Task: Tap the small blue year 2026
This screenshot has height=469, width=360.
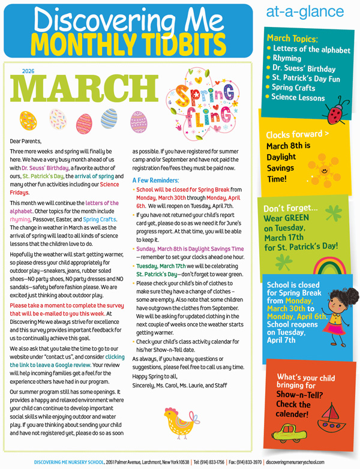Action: click(x=28, y=71)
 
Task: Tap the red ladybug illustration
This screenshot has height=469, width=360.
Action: click(x=334, y=112)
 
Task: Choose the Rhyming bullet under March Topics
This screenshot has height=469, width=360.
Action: click(x=291, y=58)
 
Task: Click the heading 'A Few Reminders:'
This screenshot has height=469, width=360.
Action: click(x=155, y=179)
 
